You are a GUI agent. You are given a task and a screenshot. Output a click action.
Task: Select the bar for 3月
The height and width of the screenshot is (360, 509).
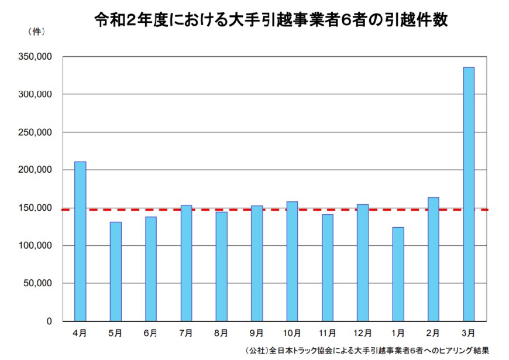coord(469,194)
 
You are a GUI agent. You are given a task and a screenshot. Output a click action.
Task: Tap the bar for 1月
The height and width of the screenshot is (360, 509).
coord(398,274)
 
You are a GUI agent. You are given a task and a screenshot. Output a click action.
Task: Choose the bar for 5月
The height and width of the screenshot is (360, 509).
coord(115,272)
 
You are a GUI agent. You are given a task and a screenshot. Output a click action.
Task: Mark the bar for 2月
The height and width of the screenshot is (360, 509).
coord(433,259)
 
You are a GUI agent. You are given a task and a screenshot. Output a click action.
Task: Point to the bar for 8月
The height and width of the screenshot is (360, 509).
coord(221,266)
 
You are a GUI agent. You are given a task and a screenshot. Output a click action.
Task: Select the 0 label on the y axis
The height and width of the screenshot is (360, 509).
coord(49,321)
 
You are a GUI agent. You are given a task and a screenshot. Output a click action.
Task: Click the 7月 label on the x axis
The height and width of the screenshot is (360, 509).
coord(186,333)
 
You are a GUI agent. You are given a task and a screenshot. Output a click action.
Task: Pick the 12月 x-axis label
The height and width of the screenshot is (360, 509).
coord(362,333)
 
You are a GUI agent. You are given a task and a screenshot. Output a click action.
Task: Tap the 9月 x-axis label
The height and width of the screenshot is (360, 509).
coord(256,333)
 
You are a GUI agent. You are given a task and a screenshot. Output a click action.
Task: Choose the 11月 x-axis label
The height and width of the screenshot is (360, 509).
coord(327,333)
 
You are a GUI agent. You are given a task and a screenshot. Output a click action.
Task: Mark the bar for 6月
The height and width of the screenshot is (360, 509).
coord(150,269)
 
